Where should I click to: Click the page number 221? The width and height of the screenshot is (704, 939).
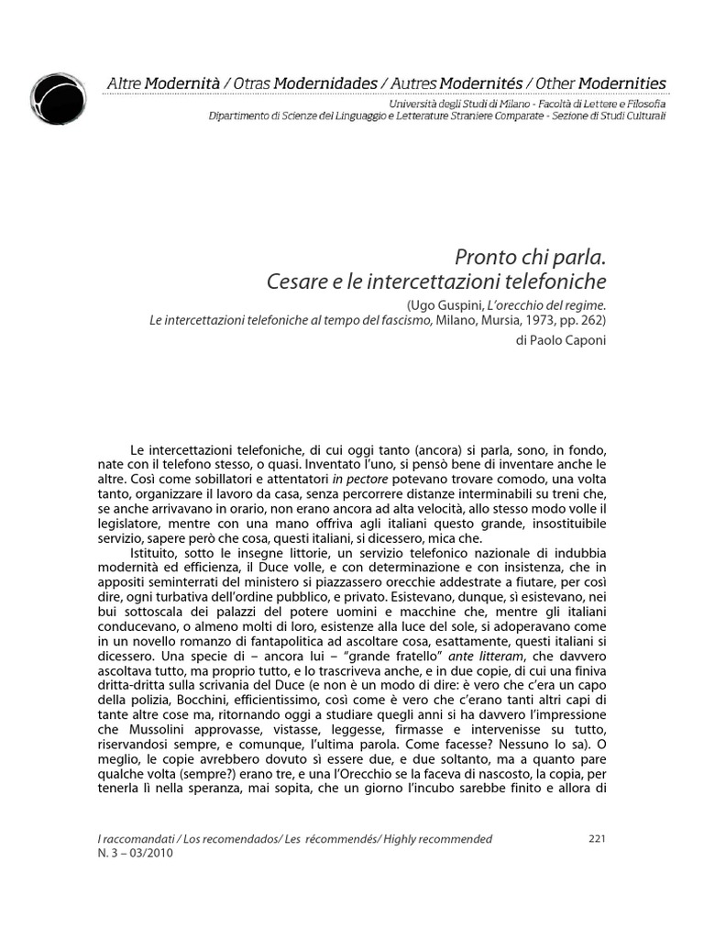(x=596, y=838)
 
